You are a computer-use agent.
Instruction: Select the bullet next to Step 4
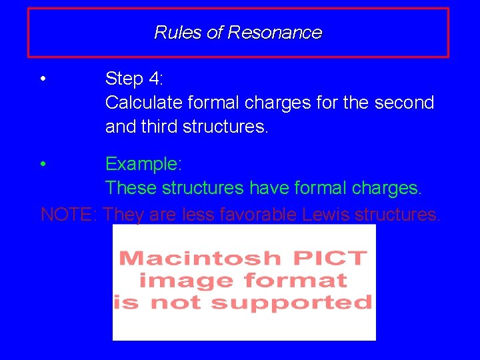click(x=43, y=79)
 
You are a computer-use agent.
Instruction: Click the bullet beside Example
click(x=43, y=164)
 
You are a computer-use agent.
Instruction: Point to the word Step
click(x=125, y=79)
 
